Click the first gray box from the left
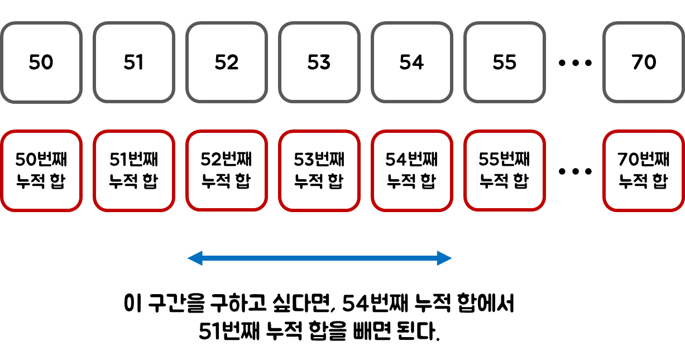click(x=41, y=62)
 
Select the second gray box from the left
click(x=134, y=62)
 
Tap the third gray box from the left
click(x=227, y=62)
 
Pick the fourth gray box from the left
click(x=319, y=62)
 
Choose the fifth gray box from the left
click(x=412, y=62)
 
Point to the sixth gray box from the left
click(x=505, y=62)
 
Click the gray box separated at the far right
click(x=644, y=62)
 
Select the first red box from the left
click(x=41, y=171)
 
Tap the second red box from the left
click(x=134, y=171)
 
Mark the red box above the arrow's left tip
click(x=227, y=171)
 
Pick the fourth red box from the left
click(x=319, y=171)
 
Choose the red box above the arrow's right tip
click(x=412, y=171)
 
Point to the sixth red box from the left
click(x=505, y=171)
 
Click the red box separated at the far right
click(x=644, y=171)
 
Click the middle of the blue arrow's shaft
click(x=319, y=258)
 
